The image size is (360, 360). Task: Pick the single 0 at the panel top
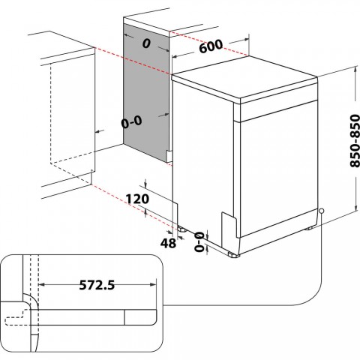pos(147,43)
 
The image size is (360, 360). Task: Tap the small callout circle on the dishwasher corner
pos(321,211)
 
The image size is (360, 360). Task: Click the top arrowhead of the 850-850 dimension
pos(351,70)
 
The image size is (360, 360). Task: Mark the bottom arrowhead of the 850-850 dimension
pos(351,211)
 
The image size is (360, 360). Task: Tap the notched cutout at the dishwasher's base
pos(228,225)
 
